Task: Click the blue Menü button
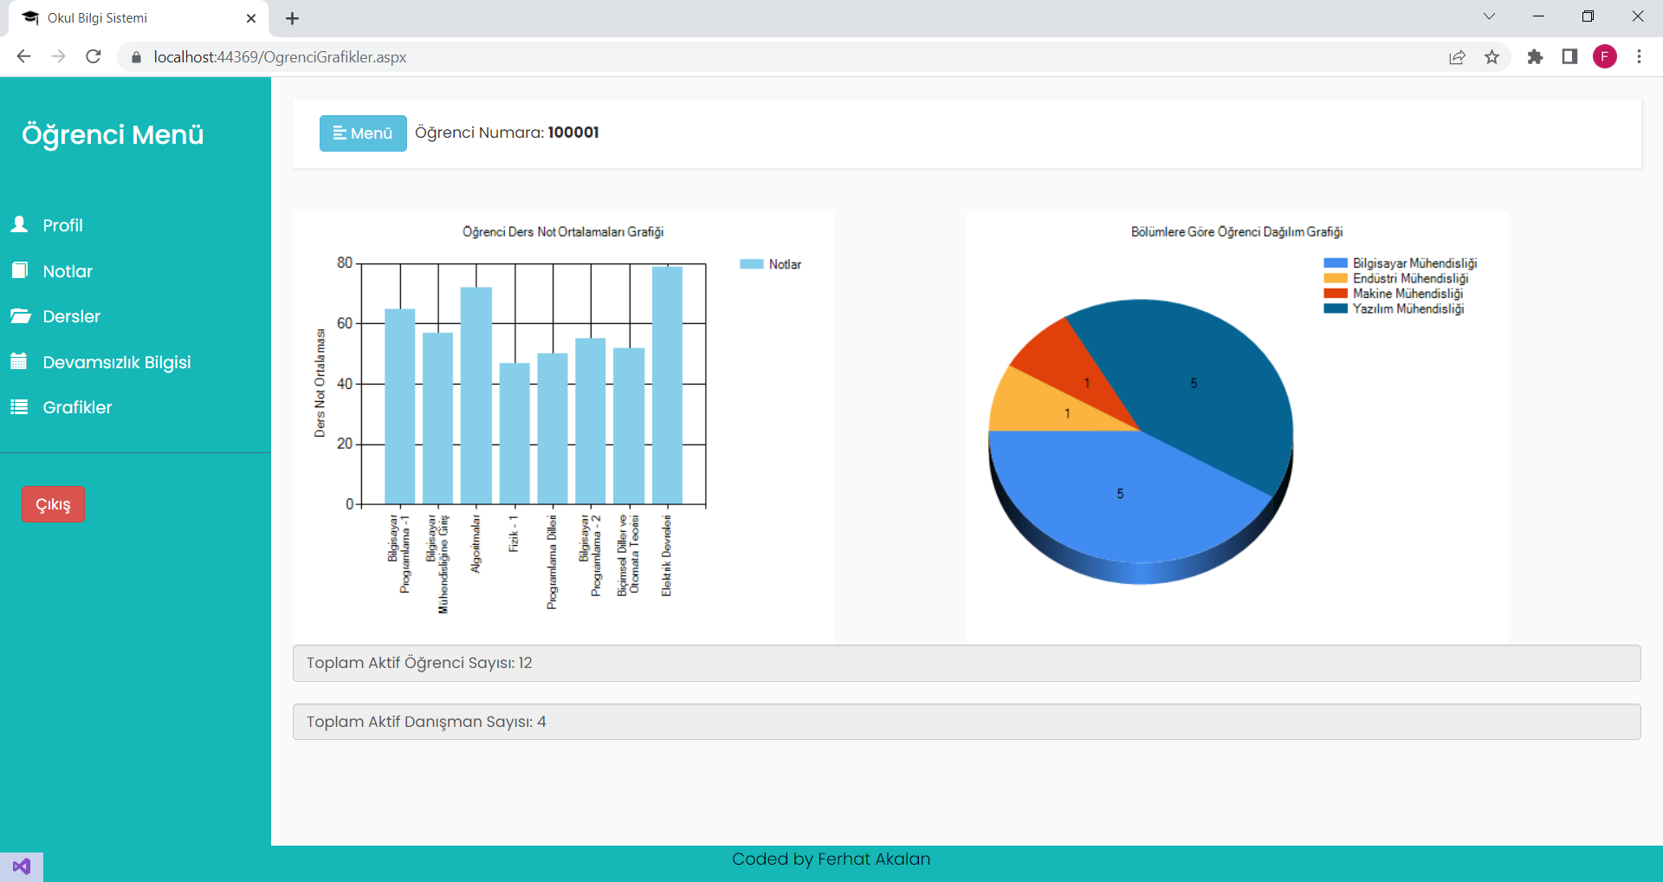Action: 363,133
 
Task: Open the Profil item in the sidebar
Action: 62,225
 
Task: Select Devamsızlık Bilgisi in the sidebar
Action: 116,362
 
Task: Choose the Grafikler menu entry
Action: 77,407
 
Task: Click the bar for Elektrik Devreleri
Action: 667,386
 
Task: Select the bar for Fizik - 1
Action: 514,433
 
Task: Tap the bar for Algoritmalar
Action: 476,395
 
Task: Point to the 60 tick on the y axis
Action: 345,323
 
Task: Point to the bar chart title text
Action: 563,232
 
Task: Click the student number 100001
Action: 573,133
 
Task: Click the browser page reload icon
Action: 94,57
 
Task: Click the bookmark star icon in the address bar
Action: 1492,57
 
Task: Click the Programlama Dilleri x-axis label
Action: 552,562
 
